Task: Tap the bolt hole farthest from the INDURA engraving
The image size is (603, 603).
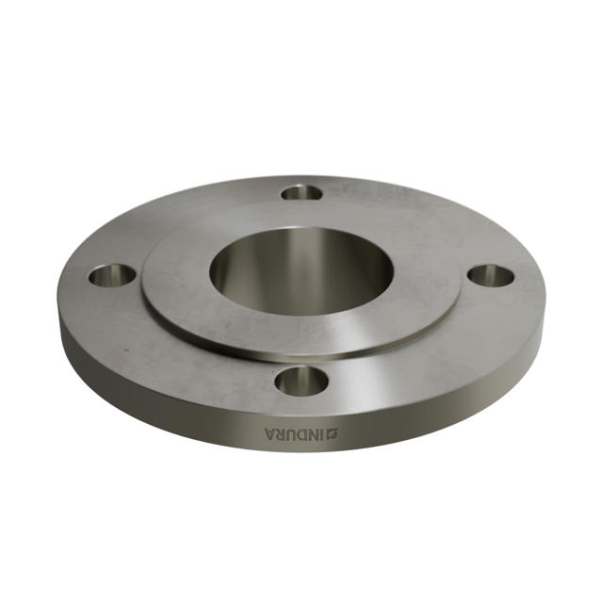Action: [301, 192]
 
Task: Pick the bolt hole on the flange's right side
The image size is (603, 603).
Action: [491, 276]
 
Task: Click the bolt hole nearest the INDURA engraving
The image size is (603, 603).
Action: [301, 381]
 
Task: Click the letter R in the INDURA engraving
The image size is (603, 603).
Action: [284, 434]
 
